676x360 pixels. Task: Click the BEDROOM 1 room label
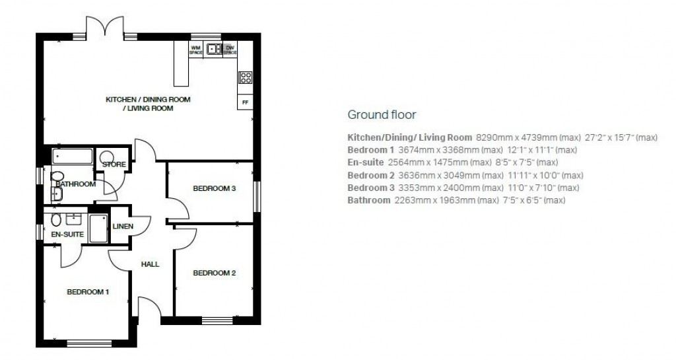point(88,291)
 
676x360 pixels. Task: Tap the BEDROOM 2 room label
point(214,273)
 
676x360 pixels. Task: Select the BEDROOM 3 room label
point(214,188)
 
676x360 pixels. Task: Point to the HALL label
point(150,264)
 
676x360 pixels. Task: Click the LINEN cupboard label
point(123,227)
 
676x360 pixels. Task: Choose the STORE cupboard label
point(114,164)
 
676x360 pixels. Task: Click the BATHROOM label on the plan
point(75,184)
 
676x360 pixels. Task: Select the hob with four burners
point(245,78)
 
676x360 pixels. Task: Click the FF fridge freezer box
point(245,102)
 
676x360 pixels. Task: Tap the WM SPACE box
point(195,50)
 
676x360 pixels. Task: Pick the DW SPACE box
point(230,50)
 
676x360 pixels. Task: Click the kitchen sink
point(213,48)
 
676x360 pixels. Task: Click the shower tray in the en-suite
point(98,229)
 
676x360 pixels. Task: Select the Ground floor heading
point(382,115)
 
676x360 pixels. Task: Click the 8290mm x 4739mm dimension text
point(516,137)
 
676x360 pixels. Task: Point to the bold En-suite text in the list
point(365,162)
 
